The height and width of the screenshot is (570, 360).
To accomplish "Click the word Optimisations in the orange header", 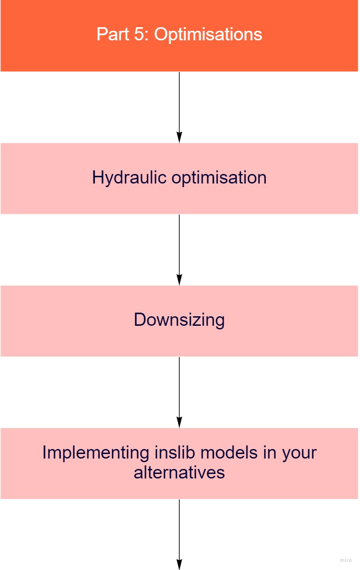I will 208,35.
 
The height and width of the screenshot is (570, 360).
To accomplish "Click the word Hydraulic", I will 130,177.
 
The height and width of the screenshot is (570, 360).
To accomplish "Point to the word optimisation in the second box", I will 219,177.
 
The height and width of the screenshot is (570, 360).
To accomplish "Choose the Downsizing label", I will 179,320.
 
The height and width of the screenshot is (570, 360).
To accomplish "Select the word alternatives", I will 179,472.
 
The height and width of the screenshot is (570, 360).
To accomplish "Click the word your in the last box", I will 299,452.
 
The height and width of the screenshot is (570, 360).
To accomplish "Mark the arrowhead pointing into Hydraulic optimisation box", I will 179,138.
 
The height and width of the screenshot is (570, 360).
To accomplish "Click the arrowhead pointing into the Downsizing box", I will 179,280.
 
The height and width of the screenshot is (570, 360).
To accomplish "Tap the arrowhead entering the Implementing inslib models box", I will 179,423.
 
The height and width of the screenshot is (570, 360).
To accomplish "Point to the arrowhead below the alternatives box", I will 179,565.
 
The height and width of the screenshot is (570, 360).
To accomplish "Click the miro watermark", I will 345,560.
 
